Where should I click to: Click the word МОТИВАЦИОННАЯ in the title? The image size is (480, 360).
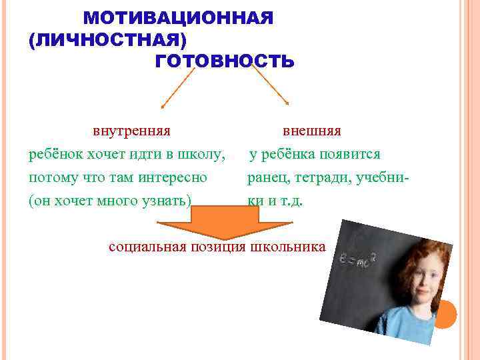pos(178,18)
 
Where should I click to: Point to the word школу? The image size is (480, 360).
pos(202,155)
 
